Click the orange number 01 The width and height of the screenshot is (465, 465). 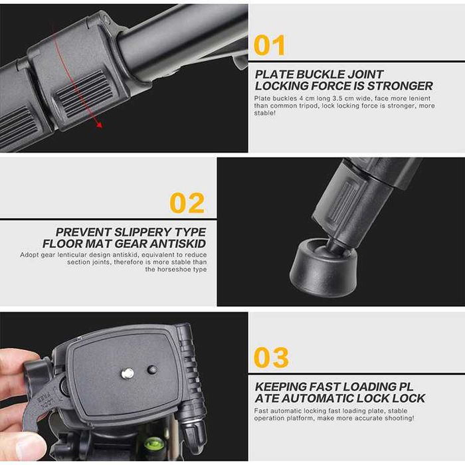(270, 45)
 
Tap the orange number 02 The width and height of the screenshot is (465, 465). (187, 203)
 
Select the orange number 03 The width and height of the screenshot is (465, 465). (271, 357)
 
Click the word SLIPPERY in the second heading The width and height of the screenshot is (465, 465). (143, 232)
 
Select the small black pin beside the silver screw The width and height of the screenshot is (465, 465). (152, 369)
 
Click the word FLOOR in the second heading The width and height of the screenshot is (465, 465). (62, 244)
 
